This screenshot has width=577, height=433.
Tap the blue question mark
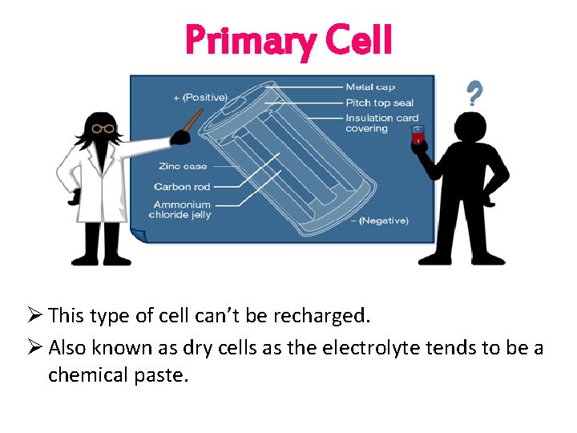[x=474, y=95]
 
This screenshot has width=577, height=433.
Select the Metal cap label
[x=370, y=87]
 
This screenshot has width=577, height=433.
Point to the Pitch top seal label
[x=380, y=103]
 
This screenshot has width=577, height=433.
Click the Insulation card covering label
[x=381, y=123]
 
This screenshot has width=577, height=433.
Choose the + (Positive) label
[x=200, y=98]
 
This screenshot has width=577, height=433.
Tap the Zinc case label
[x=183, y=167]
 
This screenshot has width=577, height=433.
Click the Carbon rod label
[x=182, y=187]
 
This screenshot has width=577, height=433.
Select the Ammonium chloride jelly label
[x=181, y=209]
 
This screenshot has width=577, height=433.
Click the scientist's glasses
[x=103, y=128]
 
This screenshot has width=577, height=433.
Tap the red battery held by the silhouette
[x=416, y=136]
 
